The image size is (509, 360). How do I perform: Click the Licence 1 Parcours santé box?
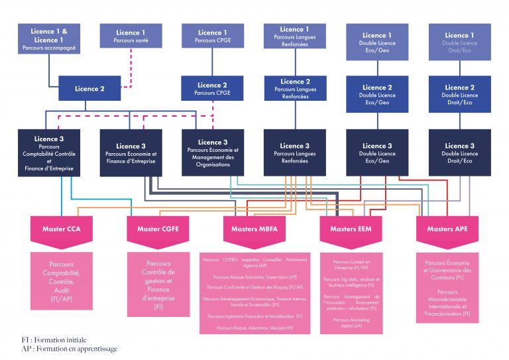pyautogui.click(x=131, y=36)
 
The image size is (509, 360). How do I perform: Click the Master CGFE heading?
pyautogui.click(x=158, y=229)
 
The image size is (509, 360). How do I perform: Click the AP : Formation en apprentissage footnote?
pyautogui.click(x=69, y=348)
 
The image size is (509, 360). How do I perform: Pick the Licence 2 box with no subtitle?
pyautogui.click(x=90, y=88)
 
